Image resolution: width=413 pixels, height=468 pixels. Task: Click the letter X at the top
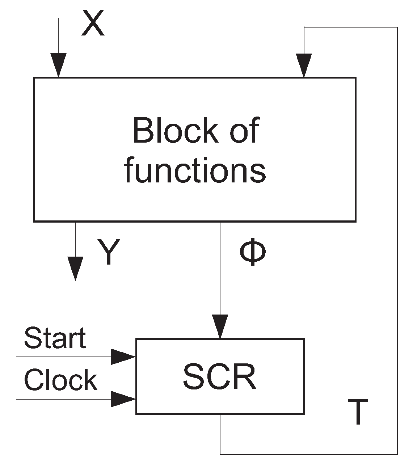93,23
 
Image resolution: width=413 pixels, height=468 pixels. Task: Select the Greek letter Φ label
253,253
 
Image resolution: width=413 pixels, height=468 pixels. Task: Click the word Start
55,338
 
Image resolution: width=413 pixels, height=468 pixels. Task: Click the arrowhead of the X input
58,65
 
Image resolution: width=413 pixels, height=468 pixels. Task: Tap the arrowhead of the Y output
75,268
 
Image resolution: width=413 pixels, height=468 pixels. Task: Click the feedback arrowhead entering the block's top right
304,65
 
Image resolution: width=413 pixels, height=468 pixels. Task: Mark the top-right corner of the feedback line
397,27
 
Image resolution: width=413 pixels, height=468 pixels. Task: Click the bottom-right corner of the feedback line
397,454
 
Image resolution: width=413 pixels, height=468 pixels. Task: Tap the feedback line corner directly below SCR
220,454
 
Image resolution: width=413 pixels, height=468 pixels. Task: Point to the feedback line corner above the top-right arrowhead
304,27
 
